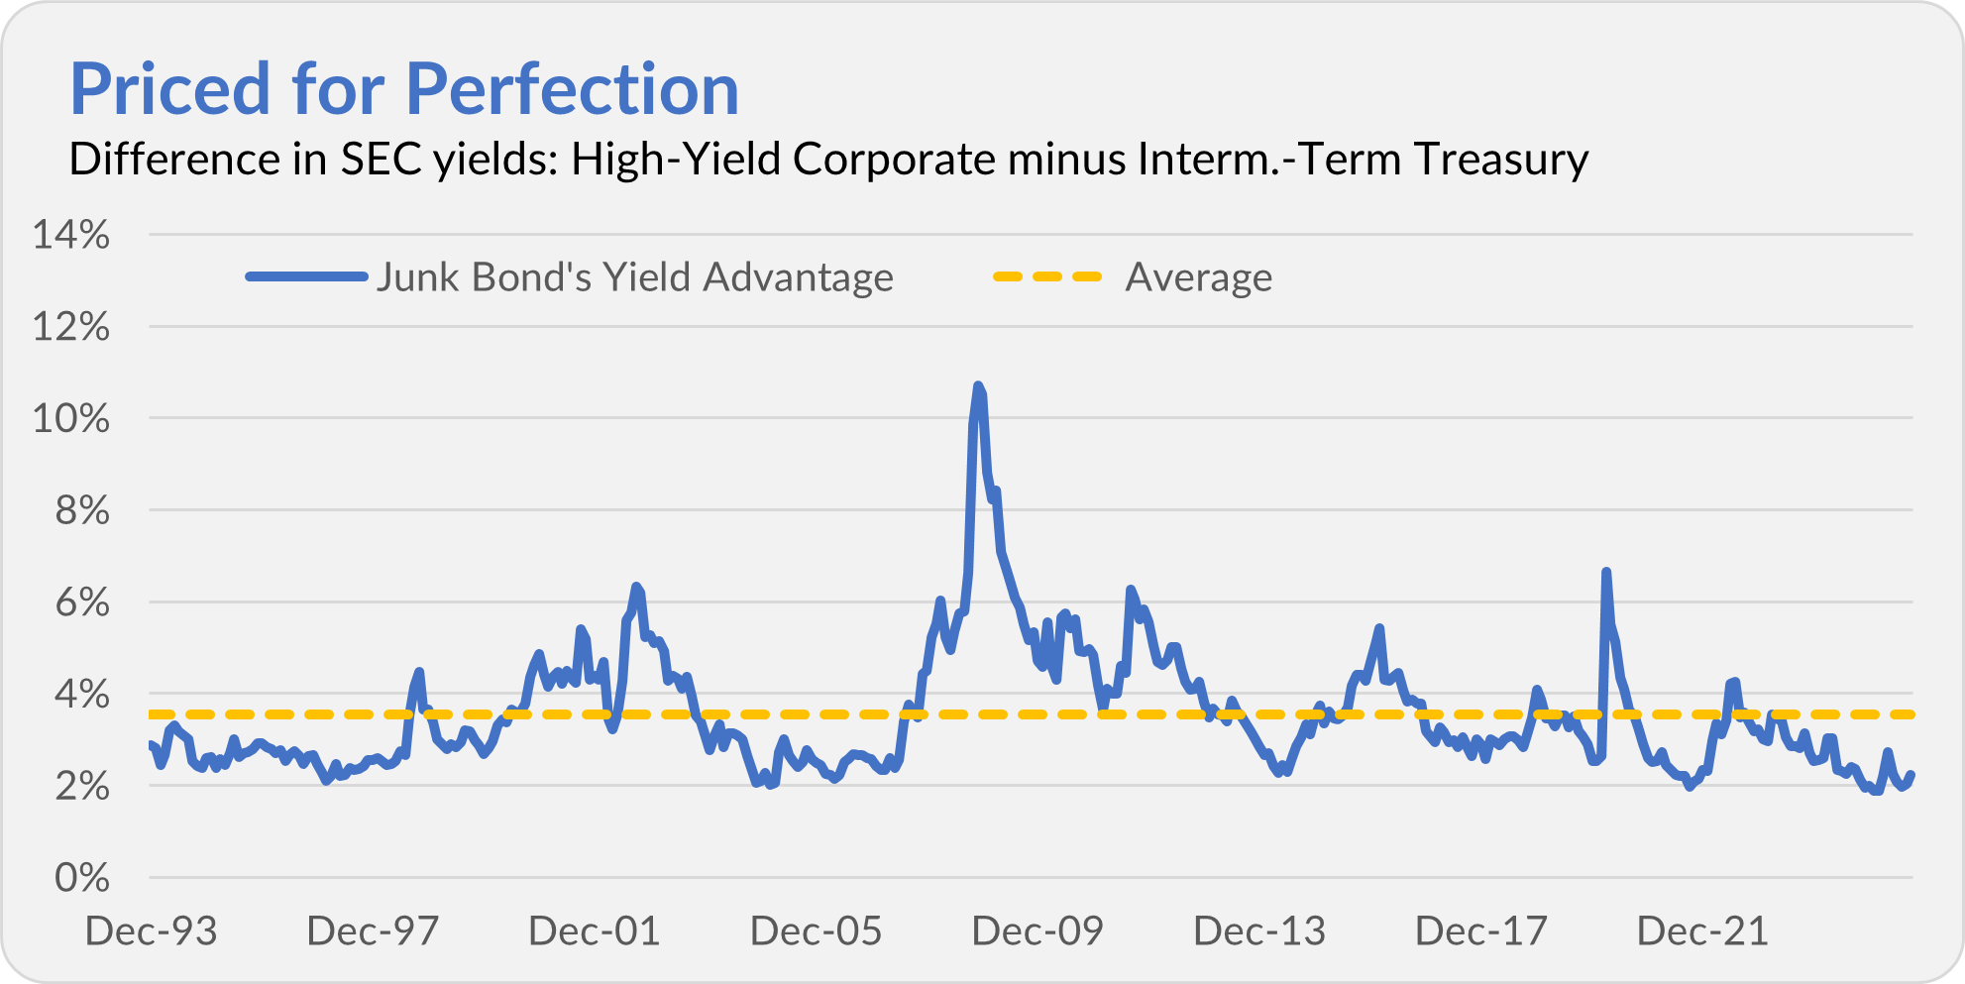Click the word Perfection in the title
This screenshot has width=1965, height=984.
click(x=572, y=89)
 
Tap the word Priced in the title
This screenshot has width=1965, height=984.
click(x=169, y=89)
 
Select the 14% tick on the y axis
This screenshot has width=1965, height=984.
click(x=70, y=235)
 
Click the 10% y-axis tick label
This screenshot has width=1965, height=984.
click(x=70, y=418)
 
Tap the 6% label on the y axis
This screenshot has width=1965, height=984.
click(x=81, y=601)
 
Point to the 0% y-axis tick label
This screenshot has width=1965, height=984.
click(x=81, y=877)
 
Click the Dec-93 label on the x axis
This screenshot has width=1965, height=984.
click(x=151, y=931)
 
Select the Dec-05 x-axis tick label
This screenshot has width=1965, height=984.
click(x=816, y=931)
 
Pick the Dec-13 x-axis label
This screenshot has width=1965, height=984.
click(x=1258, y=931)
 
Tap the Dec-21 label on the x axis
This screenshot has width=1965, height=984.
click(x=1701, y=931)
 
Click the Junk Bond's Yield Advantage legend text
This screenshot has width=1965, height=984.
click(x=634, y=277)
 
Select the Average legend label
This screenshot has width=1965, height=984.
click(x=1198, y=277)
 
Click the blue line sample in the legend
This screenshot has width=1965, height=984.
click(x=306, y=276)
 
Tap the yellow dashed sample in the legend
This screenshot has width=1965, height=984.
click(x=1047, y=276)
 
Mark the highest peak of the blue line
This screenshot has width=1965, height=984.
click(x=978, y=385)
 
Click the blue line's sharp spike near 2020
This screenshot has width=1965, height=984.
click(x=1606, y=572)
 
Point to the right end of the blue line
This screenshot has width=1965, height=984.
click(x=1910, y=775)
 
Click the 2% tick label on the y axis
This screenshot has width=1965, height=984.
click(x=81, y=786)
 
